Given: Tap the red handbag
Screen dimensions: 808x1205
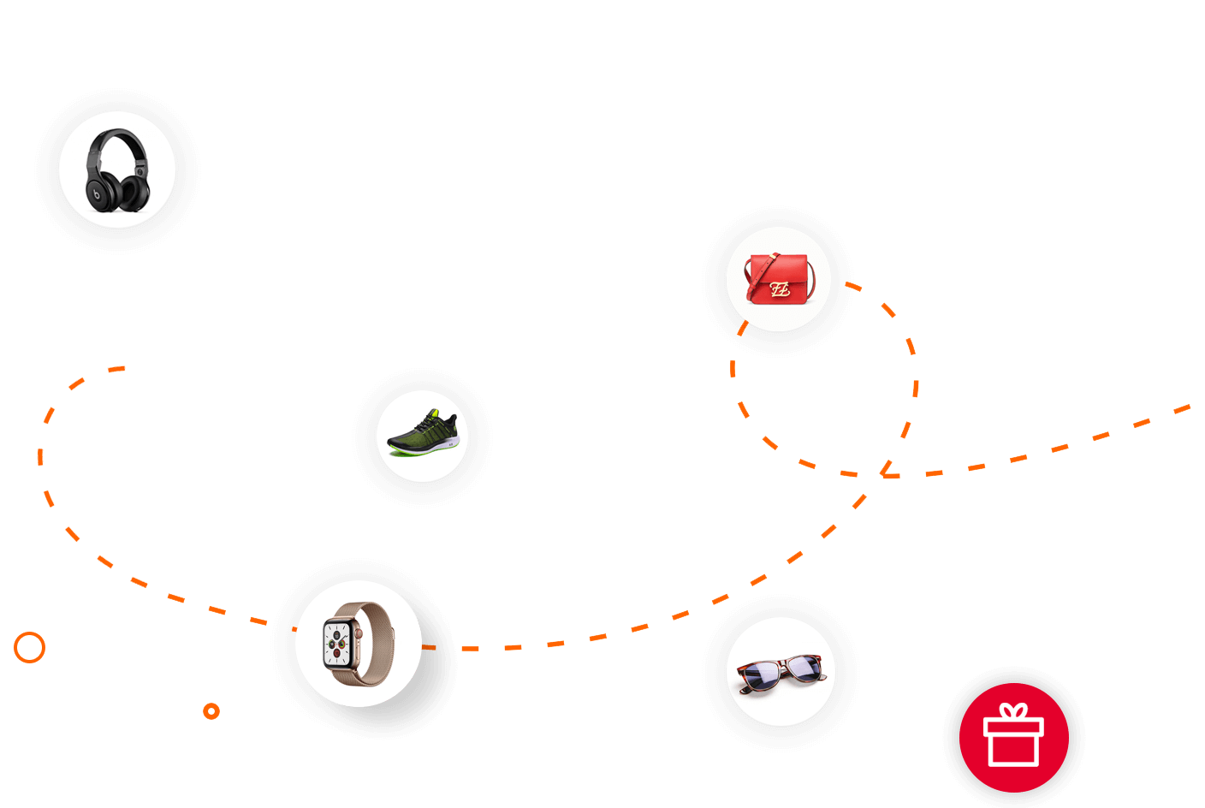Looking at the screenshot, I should tap(778, 279).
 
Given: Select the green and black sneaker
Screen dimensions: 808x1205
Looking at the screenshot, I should tap(423, 434).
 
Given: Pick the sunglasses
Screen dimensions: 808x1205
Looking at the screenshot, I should tap(781, 671).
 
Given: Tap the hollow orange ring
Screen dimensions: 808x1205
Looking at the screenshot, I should tap(29, 648).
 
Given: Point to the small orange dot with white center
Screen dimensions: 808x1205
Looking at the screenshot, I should tap(211, 711).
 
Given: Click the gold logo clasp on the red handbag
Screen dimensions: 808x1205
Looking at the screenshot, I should tap(779, 289).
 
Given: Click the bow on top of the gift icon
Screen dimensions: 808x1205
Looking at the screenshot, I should tap(1014, 711).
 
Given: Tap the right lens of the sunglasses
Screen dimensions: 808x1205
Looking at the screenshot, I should tap(803, 665).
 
